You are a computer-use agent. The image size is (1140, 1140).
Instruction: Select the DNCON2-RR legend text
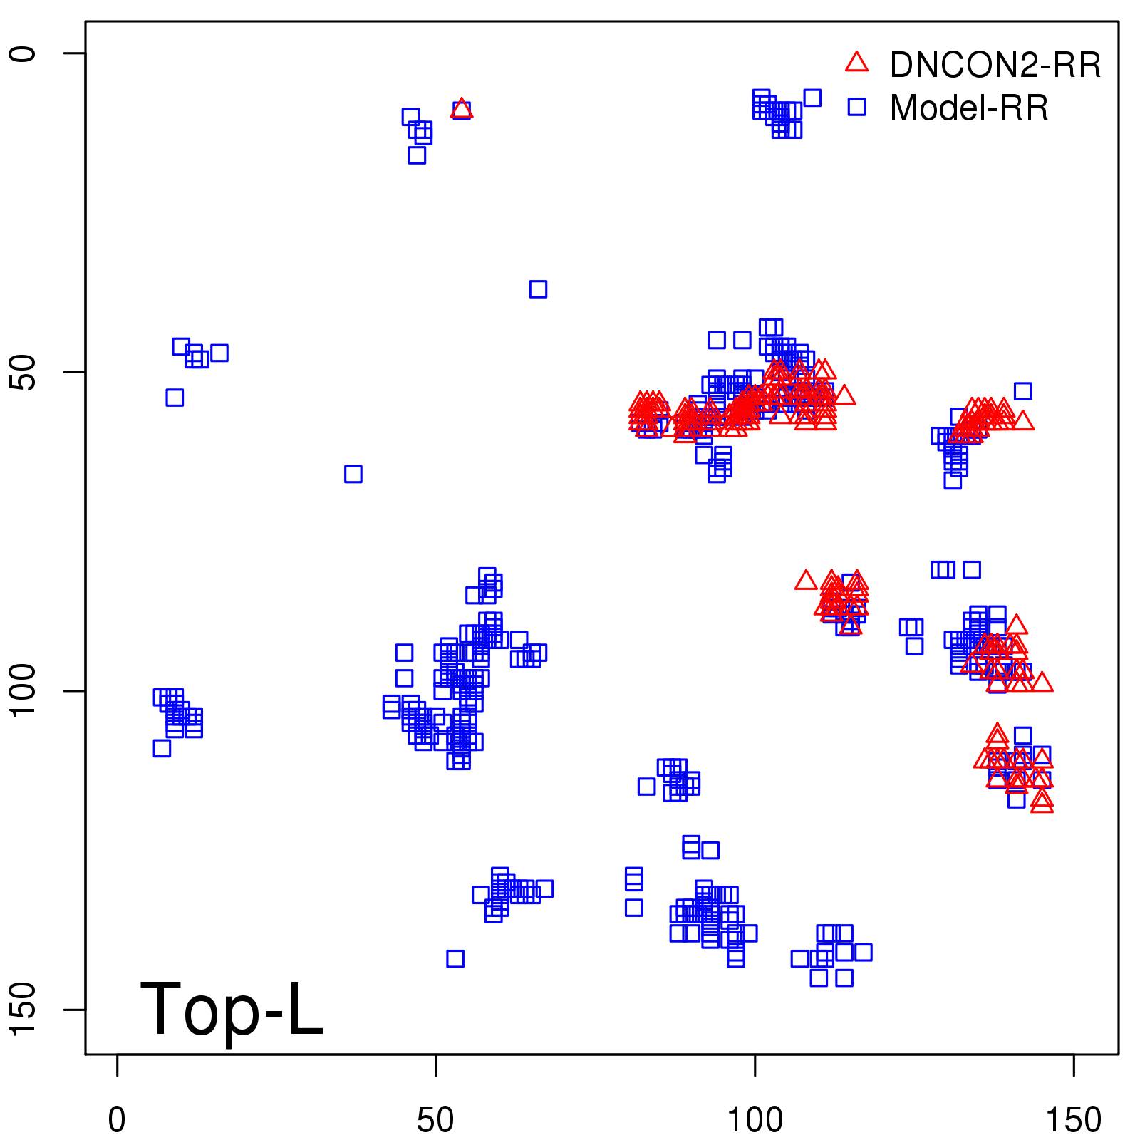point(995,66)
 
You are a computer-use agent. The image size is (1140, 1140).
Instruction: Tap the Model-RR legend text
point(969,108)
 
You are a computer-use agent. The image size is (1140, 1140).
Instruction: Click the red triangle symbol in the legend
point(856,63)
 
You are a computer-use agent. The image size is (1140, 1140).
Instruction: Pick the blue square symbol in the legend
point(856,107)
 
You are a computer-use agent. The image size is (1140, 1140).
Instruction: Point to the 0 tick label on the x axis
point(117,1120)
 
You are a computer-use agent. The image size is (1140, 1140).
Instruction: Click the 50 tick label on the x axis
point(435,1120)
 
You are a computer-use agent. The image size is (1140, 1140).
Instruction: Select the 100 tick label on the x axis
point(755,1120)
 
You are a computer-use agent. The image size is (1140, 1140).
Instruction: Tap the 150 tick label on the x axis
point(1073,1120)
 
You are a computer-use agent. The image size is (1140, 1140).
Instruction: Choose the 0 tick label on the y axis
point(24,53)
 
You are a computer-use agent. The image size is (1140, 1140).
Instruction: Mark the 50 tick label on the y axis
point(24,372)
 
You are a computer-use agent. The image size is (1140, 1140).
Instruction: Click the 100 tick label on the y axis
point(24,690)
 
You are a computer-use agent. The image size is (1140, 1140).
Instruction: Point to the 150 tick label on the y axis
point(24,1009)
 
